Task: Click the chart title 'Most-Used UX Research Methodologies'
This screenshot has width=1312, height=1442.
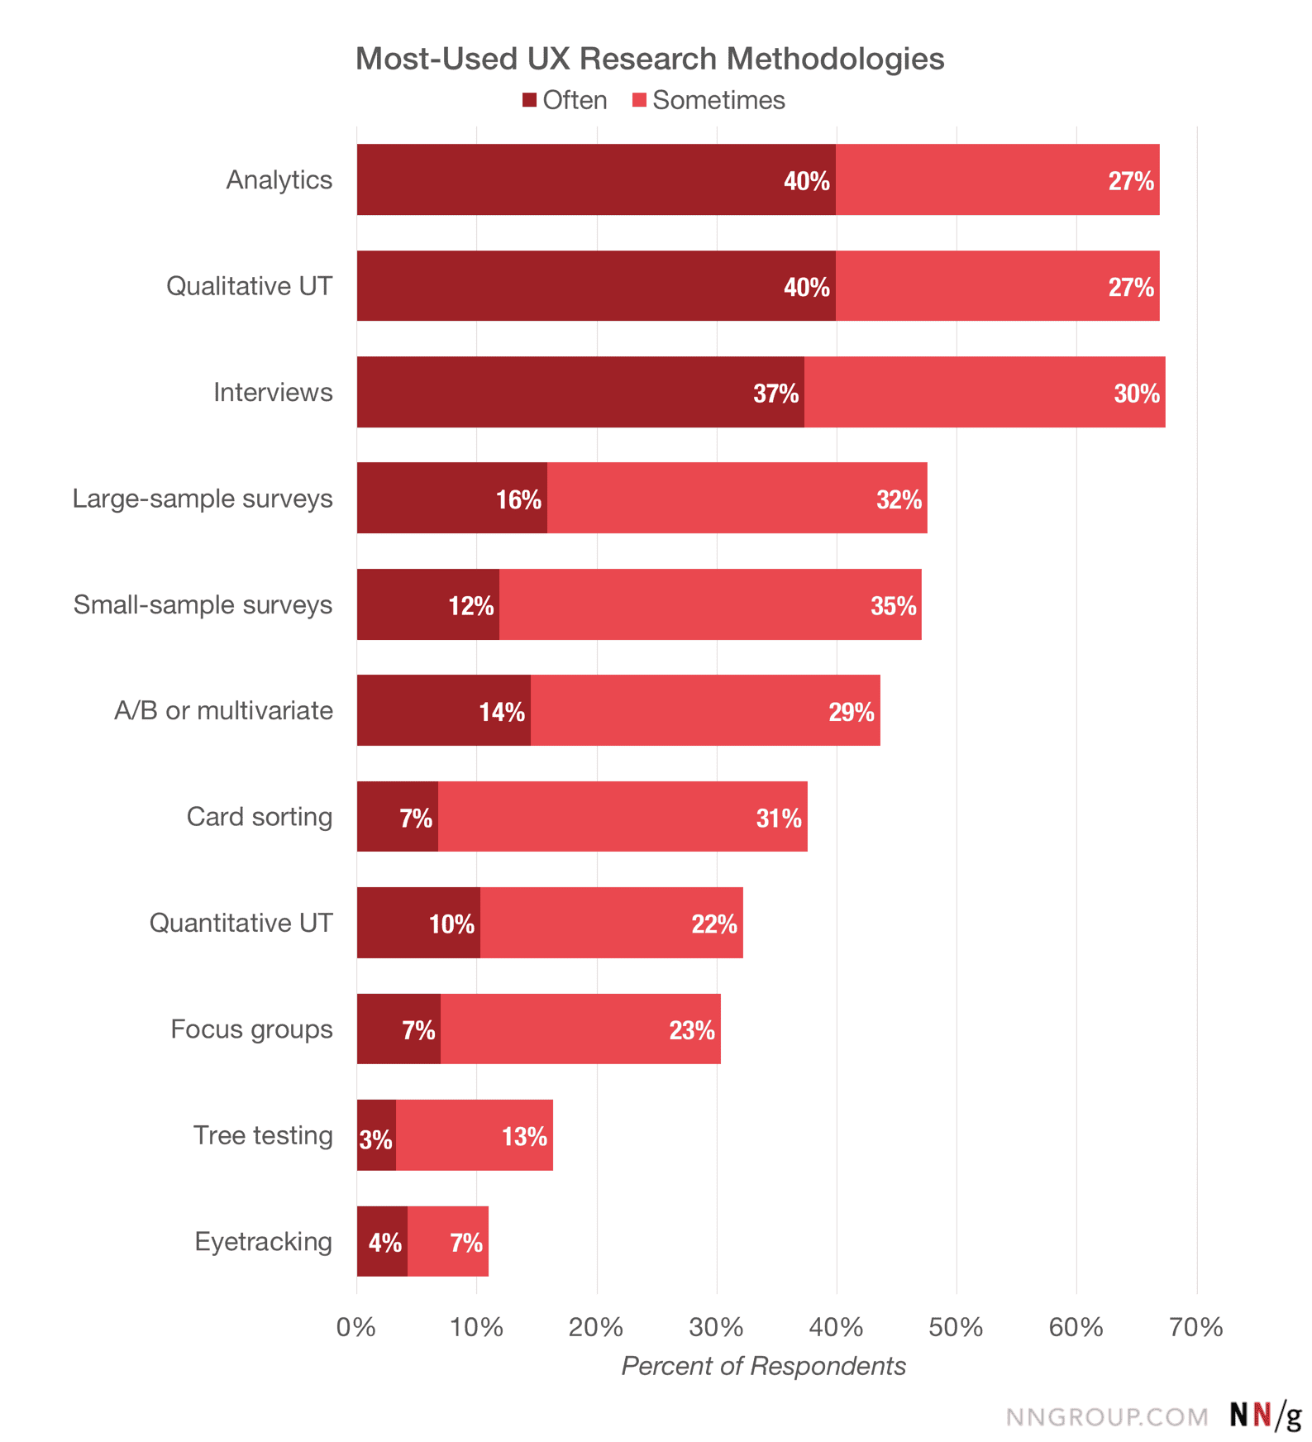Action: (650, 59)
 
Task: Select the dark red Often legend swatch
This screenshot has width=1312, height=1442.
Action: (530, 101)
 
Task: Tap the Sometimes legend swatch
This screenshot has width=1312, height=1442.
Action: (639, 101)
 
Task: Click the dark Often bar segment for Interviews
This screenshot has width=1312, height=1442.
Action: (580, 392)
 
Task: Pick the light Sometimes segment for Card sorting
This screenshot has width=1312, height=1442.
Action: (623, 817)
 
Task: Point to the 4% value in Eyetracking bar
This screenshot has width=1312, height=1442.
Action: (385, 1242)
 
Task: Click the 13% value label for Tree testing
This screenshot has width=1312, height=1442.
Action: (525, 1136)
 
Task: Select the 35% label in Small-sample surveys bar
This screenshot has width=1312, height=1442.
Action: (894, 605)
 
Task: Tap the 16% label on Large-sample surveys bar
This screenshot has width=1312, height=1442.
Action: (518, 499)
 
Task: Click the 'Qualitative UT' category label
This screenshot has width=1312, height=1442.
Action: (250, 286)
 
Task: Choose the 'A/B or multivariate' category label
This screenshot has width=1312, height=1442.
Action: (224, 710)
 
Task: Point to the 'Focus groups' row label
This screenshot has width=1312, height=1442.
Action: (252, 1029)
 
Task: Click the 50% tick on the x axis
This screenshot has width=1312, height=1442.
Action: (957, 1327)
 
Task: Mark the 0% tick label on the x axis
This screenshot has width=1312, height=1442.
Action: (356, 1327)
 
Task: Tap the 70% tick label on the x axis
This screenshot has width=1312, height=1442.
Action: (1196, 1327)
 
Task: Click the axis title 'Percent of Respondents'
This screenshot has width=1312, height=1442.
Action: (764, 1366)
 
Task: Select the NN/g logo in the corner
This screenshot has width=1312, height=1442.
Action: (1266, 1416)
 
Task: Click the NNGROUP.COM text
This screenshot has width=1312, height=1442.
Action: (1107, 1417)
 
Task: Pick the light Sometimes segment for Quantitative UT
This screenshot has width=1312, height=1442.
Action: (612, 923)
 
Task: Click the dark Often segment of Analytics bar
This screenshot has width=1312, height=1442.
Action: (596, 179)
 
